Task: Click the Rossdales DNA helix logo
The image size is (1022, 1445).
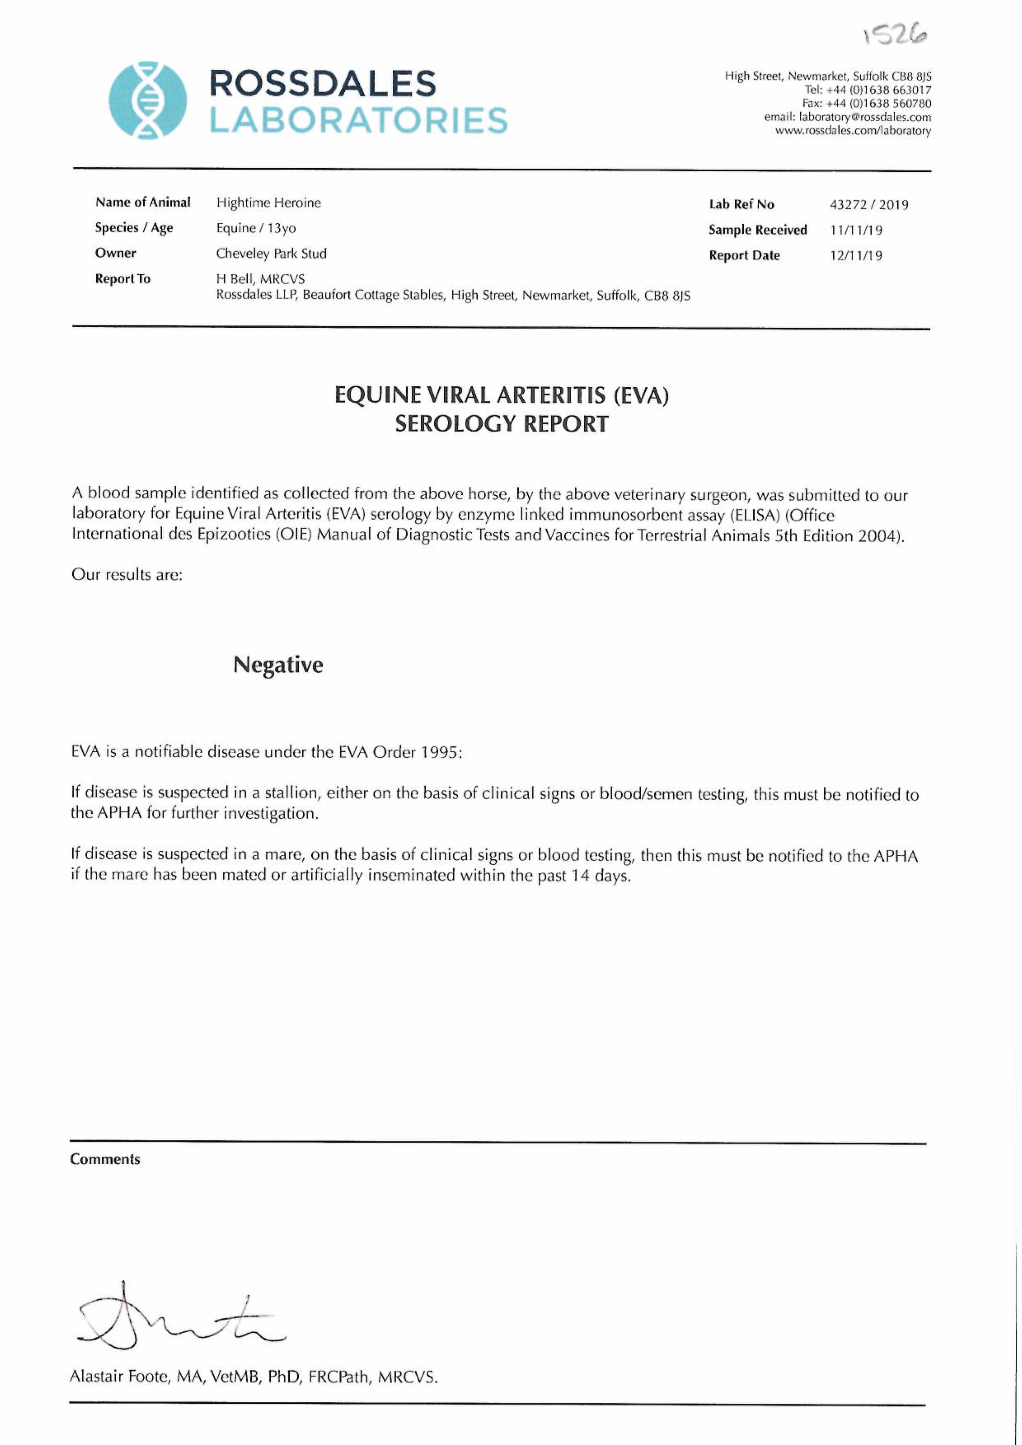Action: [x=148, y=100]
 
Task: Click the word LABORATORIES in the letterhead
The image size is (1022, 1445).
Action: [x=358, y=120]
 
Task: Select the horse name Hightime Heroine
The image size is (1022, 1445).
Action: [x=268, y=203]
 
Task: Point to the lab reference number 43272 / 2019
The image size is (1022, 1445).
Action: [x=869, y=205]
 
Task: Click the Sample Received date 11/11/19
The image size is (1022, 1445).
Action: [x=856, y=230]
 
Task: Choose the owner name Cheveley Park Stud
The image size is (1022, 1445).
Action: [x=271, y=254]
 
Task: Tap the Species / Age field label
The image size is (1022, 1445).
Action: [x=134, y=228]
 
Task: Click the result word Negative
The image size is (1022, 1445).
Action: [x=278, y=665]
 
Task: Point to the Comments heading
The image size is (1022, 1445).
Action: [x=105, y=1159]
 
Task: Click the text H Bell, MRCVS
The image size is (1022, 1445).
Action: [x=260, y=279]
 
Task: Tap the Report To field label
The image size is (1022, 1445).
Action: [x=123, y=279]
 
